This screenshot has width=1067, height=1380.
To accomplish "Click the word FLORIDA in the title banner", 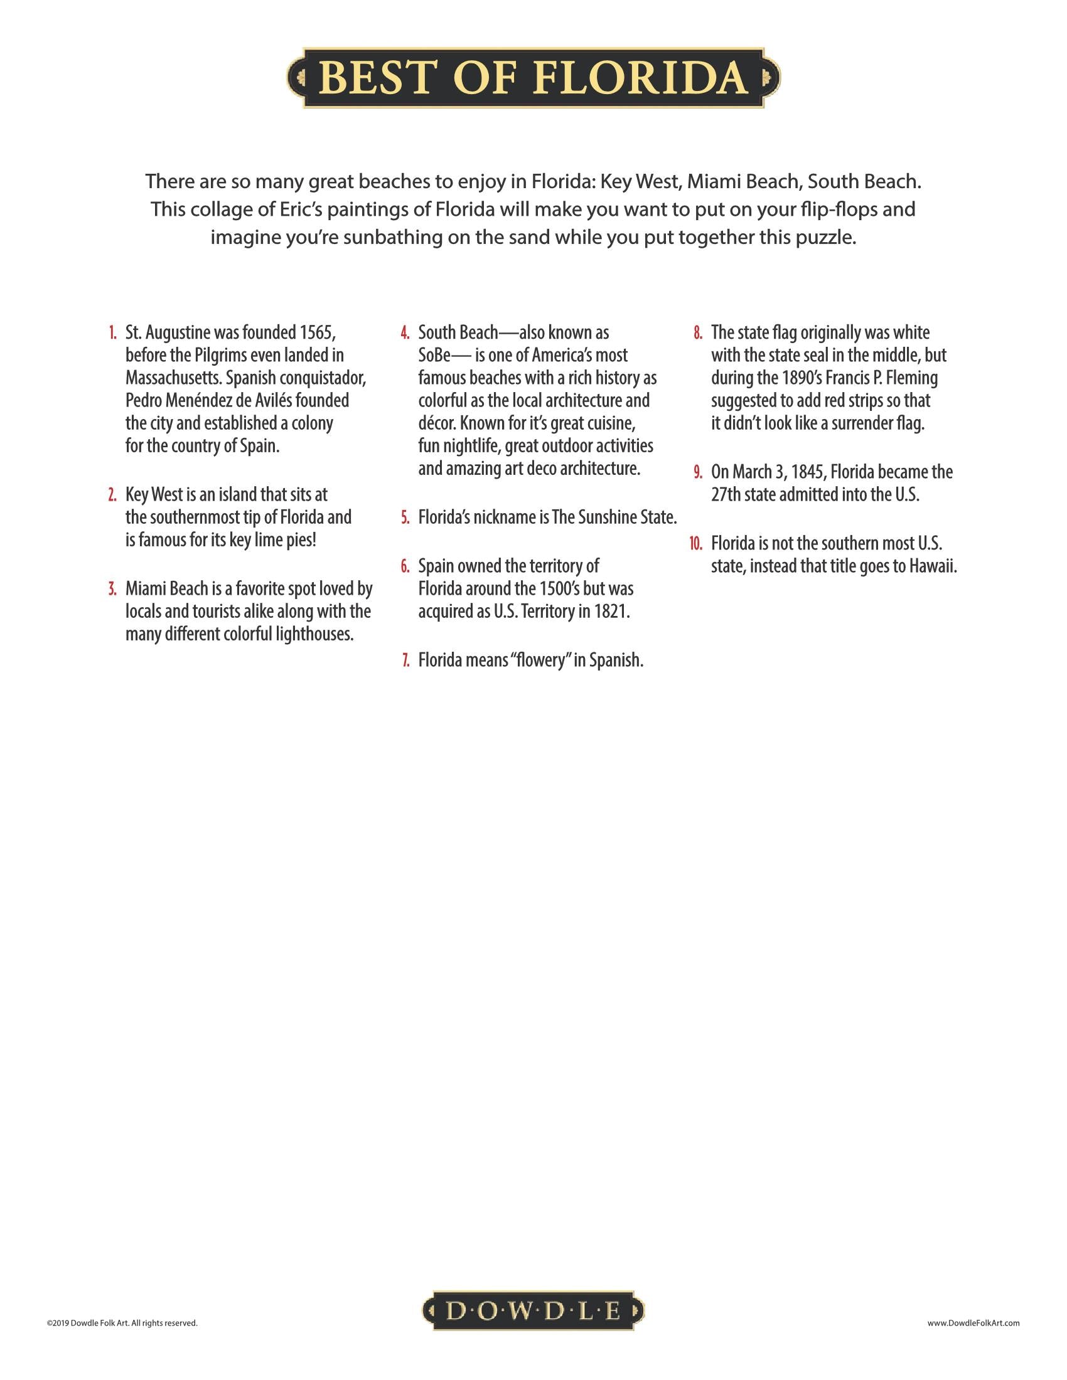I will [640, 78].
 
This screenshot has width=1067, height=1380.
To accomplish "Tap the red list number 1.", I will [112, 333].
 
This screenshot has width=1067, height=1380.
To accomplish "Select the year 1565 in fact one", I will [314, 332].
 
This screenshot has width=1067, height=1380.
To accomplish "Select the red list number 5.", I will [405, 518].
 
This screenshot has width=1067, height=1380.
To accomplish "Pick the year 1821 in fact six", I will [612, 612].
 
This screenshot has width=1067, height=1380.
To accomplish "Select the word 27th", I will [726, 495].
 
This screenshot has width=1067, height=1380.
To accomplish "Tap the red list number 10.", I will [695, 544].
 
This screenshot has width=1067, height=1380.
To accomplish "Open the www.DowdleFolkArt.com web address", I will [973, 1322].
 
